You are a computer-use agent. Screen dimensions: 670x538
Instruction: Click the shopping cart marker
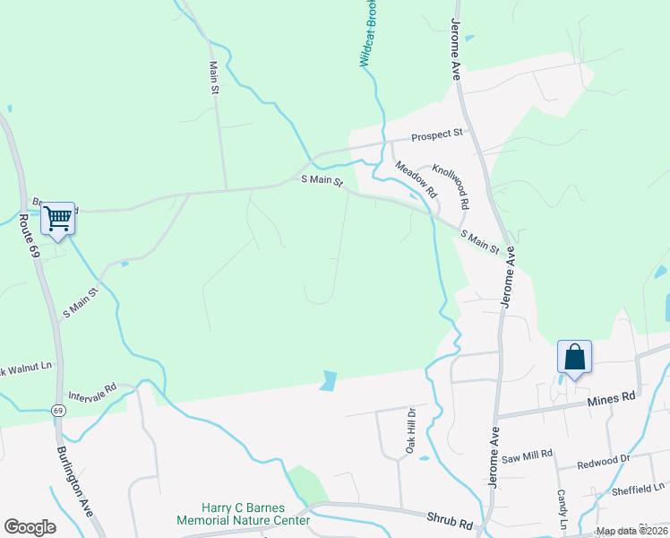coord(57,218)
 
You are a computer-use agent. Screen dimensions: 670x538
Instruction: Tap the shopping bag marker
coord(574,357)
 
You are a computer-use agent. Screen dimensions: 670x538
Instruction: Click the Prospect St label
coord(436,135)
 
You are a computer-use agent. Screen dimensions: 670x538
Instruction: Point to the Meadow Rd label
coord(416,179)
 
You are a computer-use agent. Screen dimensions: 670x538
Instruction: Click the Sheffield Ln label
coord(639,488)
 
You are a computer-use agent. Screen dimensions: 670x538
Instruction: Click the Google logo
coord(30,527)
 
